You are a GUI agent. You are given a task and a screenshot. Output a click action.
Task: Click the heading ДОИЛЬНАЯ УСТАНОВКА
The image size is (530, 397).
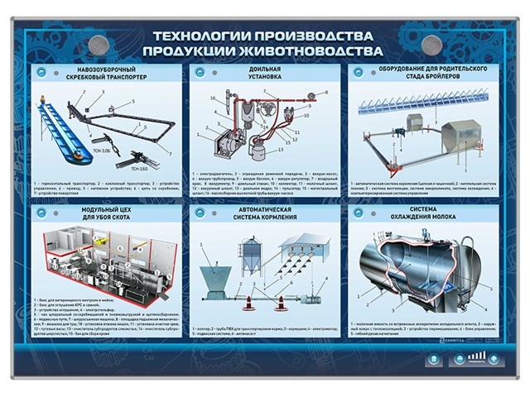(x=266, y=74)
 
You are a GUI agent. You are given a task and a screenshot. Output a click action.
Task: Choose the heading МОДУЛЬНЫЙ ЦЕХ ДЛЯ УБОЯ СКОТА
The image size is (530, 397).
(x=106, y=215)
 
